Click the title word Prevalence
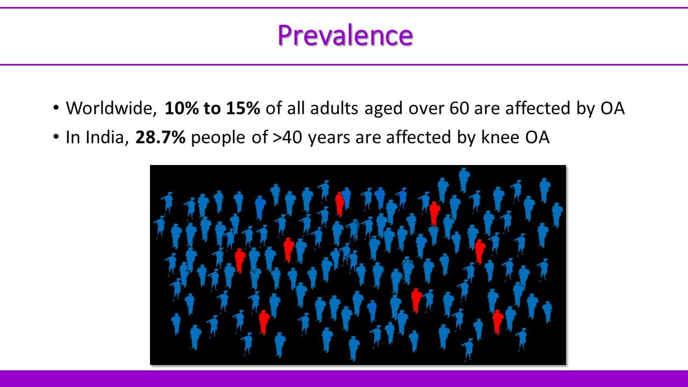pos(345,35)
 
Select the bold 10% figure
pos(182,108)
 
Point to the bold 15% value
pos(243,108)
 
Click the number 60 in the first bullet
pos(459,108)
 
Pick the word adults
pos(334,108)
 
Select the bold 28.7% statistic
pos(160,137)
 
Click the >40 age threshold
pos(287,137)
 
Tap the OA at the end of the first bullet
pos(612,108)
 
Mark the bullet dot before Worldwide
pos(55,108)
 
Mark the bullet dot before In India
pos(55,137)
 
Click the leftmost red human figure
pos(240,261)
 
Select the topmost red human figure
pos(339,204)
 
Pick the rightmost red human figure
pos(498,322)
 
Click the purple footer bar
pos(344,379)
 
